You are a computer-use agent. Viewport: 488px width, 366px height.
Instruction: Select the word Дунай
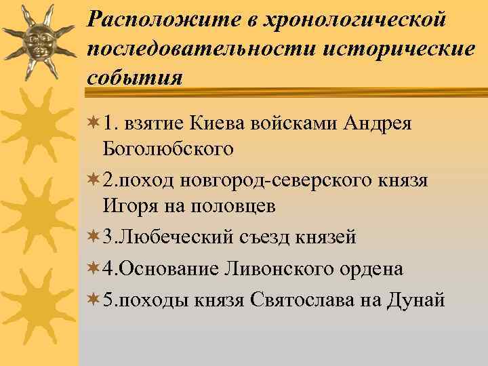point(417,299)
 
